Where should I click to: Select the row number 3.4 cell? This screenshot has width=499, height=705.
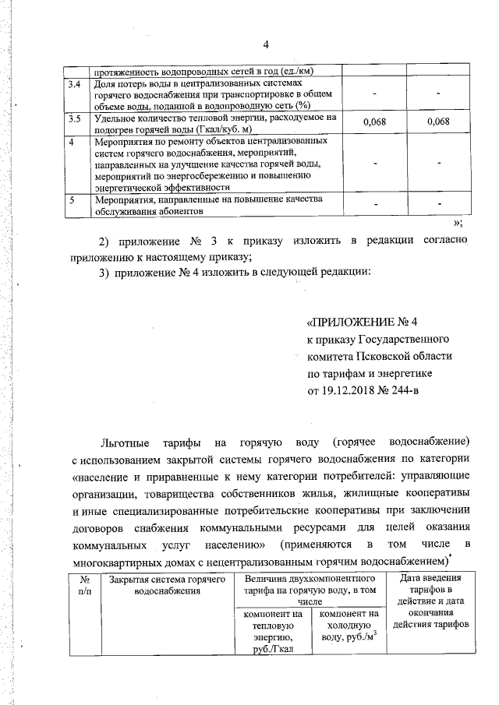pos(75,83)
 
